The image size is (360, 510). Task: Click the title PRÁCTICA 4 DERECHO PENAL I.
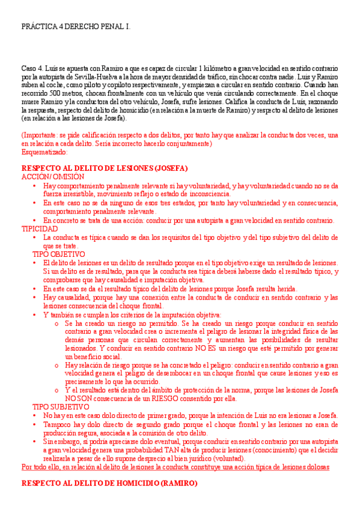click(75, 28)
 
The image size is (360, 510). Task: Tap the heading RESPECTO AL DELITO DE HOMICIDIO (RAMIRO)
click(109, 484)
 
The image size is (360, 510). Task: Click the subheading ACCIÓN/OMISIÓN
click(53, 177)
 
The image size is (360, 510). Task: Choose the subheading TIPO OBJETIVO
click(59, 254)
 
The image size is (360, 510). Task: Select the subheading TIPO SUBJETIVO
click(60, 407)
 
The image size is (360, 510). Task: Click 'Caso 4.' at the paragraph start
click(32, 69)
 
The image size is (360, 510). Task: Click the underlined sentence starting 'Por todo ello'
click(175, 467)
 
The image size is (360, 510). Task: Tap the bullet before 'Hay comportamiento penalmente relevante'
click(35, 186)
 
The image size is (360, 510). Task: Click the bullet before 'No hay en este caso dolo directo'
click(35, 416)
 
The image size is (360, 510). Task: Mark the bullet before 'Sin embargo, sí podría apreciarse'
click(35, 442)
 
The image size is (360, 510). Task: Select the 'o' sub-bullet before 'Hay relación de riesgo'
click(56, 365)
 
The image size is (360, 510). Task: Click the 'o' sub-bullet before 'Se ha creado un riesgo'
click(56, 323)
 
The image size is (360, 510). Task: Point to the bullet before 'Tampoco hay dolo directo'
click(35, 425)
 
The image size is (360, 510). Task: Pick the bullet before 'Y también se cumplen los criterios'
click(35, 315)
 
